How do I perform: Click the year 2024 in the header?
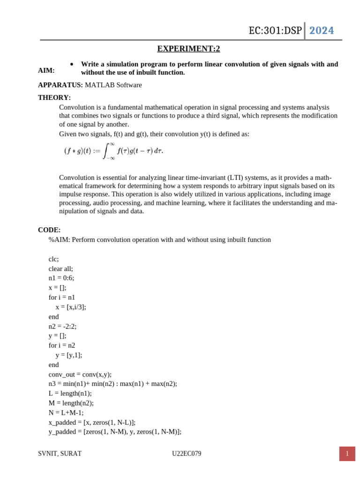point(322,30)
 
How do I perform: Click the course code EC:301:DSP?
point(275,31)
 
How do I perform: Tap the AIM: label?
point(46,70)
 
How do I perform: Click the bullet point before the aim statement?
point(72,64)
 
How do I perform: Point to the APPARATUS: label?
point(60,85)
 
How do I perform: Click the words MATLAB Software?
point(113,85)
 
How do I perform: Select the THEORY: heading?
point(54,97)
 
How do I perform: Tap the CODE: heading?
point(49,230)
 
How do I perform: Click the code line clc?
point(54,259)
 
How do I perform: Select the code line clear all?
point(61,269)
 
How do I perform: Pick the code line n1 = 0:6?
point(61,278)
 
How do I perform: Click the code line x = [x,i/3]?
point(71,307)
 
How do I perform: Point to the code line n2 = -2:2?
point(62,326)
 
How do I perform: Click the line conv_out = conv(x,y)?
point(80,374)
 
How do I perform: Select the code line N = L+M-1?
point(66,412)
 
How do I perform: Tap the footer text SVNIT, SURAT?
point(60,453)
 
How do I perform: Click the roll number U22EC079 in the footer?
point(187,453)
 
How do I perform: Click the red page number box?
point(347,453)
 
